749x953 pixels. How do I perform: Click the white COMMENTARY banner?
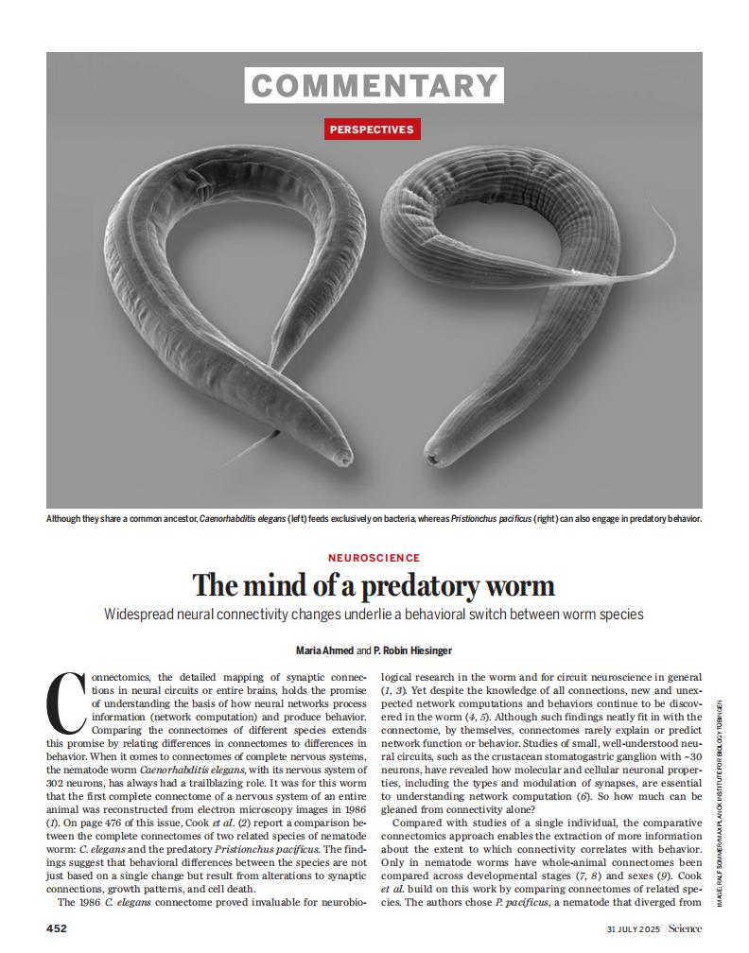tap(374, 85)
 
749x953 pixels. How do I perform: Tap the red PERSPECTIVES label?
tap(373, 129)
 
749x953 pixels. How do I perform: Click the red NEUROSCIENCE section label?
tap(374, 558)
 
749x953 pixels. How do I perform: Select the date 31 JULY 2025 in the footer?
tap(634, 928)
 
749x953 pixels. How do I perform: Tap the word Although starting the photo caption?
tap(68, 519)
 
